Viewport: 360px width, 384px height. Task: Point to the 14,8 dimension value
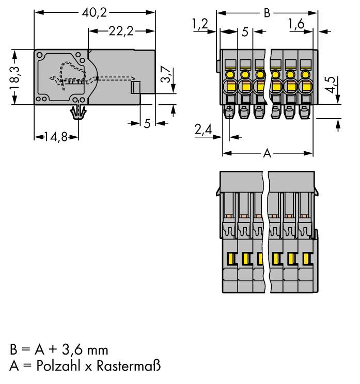(52, 137)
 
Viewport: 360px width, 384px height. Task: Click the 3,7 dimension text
(165, 75)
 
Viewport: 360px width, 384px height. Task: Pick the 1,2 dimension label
(199, 24)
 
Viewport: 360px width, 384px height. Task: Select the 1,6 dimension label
(296, 24)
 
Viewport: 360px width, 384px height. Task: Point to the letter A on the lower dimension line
(267, 153)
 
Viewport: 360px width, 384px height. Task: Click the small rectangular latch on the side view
(136, 88)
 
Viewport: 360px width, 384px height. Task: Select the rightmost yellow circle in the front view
(306, 75)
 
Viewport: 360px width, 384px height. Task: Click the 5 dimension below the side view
(147, 123)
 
